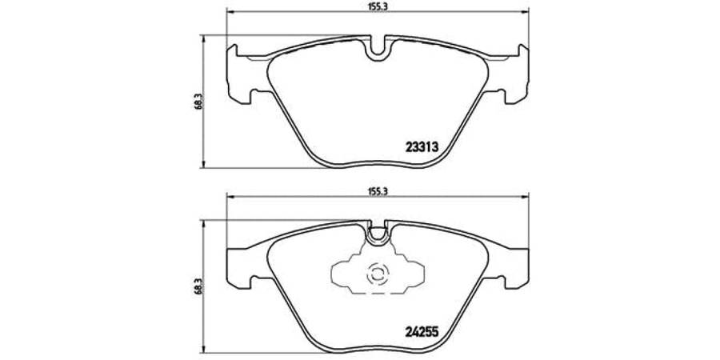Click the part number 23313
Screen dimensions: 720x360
pos(422,147)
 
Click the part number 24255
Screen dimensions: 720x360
pos(422,330)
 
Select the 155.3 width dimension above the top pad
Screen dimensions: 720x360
pos(378,6)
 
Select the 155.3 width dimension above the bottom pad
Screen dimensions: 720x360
pos(378,192)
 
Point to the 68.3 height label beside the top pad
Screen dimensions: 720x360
pos(197,101)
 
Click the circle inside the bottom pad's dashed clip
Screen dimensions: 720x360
pos(378,274)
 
